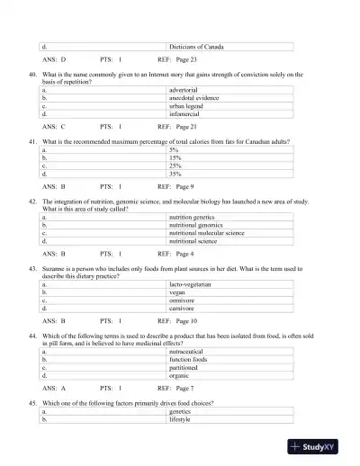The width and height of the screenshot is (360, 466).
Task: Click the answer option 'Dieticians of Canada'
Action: coord(197,46)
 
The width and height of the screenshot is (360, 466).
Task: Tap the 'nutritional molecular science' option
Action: coord(207,233)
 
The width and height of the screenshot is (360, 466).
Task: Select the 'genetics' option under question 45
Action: coord(183,410)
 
